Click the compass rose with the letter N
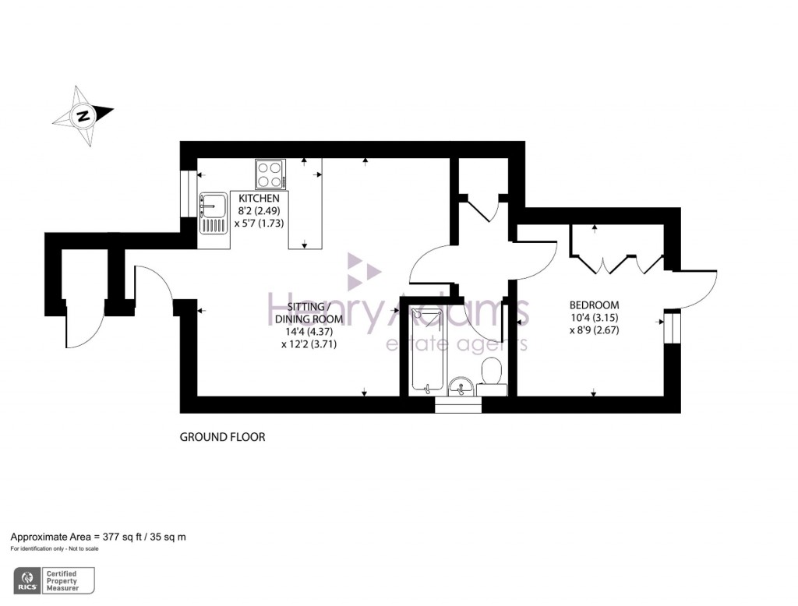point(82,116)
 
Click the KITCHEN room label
point(258,199)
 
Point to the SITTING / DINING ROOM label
point(305,312)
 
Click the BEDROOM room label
point(594,305)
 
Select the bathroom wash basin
point(461,384)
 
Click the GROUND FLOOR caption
point(222,438)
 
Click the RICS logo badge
point(26,580)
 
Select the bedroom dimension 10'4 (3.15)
point(594,317)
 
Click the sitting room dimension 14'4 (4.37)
point(309,331)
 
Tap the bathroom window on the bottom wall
point(458,404)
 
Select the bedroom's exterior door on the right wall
point(696,289)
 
